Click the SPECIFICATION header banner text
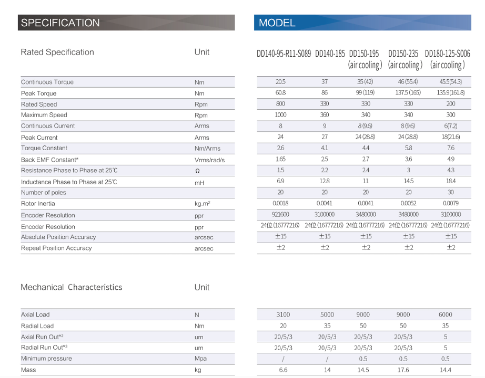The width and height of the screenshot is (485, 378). coord(60,23)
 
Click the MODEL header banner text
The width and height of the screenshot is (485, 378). coord(277,23)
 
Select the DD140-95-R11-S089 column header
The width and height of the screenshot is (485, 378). coord(284,54)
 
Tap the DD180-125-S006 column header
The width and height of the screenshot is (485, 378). coord(447,54)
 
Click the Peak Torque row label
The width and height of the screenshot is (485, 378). coord(38,93)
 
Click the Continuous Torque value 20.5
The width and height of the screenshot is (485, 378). coord(280,82)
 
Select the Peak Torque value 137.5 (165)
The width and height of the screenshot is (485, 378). coord(408,93)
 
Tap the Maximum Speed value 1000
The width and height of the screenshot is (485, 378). coord(280,115)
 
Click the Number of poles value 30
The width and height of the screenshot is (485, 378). coord(451,193)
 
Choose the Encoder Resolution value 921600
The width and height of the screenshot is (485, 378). coord(280,215)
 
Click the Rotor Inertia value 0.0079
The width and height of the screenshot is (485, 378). coord(451,204)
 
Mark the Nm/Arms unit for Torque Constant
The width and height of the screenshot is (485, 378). coord(205,149)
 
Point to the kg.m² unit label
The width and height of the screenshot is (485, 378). coord(202,204)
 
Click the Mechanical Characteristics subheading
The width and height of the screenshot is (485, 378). coord(71,287)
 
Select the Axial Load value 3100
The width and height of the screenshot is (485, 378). coord(283,314)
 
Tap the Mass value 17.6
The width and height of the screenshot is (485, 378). coord(403,370)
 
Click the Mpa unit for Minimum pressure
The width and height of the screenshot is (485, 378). coord(200,359)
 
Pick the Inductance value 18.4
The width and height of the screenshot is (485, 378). coord(451,181)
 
